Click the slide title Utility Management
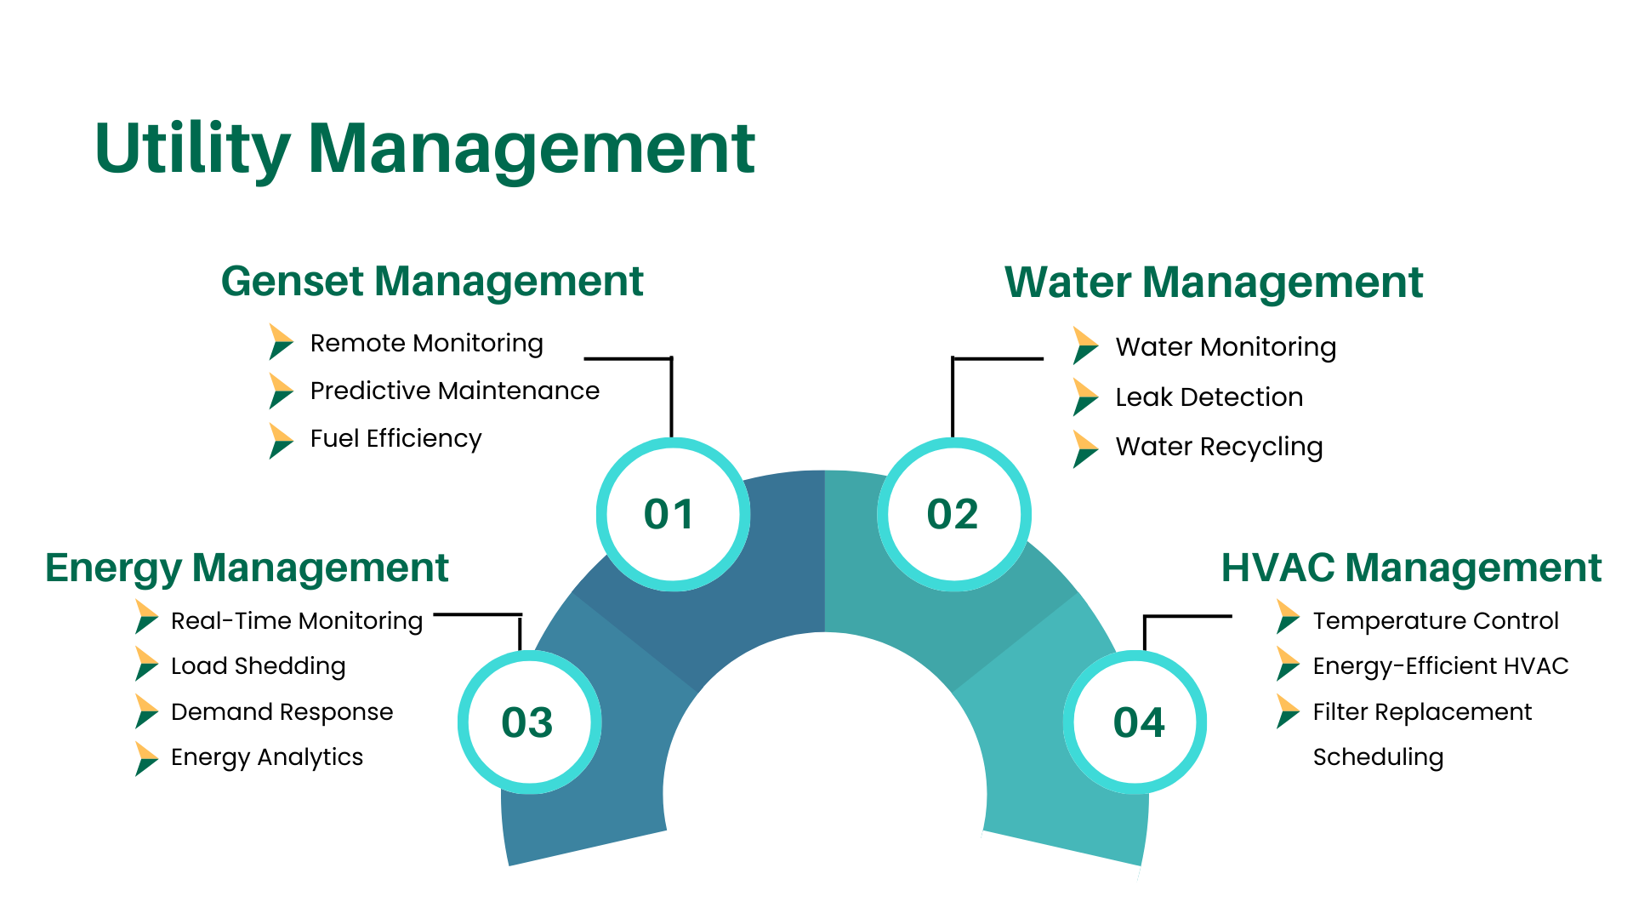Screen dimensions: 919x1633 pyautogui.click(x=424, y=150)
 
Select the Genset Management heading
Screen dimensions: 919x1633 pyautogui.click(x=432, y=282)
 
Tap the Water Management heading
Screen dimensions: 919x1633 pyautogui.click(x=1213, y=283)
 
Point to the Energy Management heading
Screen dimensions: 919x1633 pyautogui.click(x=247, y=568)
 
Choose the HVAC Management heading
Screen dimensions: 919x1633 pyautogui.click(x=1411, y=568)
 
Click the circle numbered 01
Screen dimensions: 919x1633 pyautogui.click(x=672, y=514)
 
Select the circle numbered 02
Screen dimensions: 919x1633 pyautogui.click(x=953, y=514)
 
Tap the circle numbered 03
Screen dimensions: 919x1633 pyautogui.click(x=529, y=722)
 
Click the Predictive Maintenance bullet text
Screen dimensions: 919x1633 pyautogui.click(x=454, y=391)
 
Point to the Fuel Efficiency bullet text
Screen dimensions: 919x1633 pyautogui.click(x=395, y=438)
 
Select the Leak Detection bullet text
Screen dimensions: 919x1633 pyautogui.click(x=1209, y=397)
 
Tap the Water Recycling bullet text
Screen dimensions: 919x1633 pyautogui.click(x=1219, y=447)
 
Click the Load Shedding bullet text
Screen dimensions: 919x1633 pyautogui.click(x=258, y=666)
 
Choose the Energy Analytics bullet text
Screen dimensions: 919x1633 pyautogui.click(x=266, y=757)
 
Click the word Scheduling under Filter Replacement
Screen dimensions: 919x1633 pyautogui.click(x=1378, y=757)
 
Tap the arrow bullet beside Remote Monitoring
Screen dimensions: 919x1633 pyautogui.click(x=280, y=342)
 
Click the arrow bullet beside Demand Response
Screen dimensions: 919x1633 pyautogui.click(x=145, y=711)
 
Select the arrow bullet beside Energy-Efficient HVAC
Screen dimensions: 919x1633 pyautogui.click(x=1287, y=665)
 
